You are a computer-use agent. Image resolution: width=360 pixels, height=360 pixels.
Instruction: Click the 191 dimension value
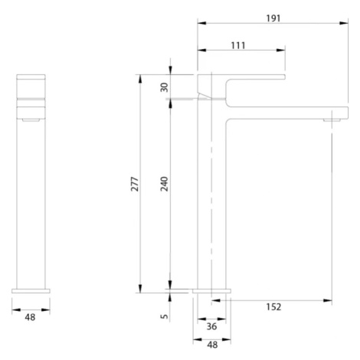pos(273,18)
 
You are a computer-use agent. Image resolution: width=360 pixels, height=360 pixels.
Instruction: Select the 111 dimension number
pos(238,45)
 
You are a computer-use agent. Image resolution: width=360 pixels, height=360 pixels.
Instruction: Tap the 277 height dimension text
pos(135,184)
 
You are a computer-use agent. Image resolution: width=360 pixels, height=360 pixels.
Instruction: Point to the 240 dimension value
pos(164,184)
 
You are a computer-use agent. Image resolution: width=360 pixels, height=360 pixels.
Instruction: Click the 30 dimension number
pos(164,87)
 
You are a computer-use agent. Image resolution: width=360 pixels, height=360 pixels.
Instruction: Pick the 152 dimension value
pos(273,307)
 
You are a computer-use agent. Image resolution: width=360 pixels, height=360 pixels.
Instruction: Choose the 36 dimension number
pos(211,326)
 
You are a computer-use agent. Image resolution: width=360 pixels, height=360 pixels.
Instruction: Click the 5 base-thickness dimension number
pos(164,316)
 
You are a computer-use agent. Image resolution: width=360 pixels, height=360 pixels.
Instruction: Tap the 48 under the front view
pos(30,317)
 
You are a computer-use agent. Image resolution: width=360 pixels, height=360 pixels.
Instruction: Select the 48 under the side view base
pos(212,345)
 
